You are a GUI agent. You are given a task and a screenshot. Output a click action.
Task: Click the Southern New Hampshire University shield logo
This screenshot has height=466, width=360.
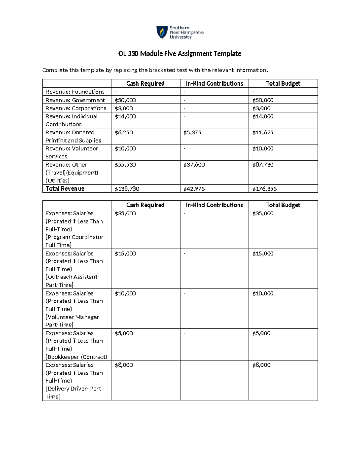162,32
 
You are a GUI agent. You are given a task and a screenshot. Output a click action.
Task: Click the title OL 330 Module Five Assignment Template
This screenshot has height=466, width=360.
180,54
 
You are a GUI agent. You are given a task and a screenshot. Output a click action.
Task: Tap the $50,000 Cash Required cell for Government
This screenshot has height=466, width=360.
125,100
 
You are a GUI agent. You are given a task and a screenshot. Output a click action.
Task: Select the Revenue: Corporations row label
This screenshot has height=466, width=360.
76,108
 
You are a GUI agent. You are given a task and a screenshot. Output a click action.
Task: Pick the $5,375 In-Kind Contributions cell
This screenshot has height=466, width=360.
192,133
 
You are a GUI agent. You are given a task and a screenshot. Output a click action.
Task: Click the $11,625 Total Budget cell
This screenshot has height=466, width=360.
263,133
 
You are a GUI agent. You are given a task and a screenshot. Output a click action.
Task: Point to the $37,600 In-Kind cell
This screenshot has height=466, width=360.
194,165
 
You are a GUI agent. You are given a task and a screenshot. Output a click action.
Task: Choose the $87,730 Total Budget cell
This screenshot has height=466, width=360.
263,165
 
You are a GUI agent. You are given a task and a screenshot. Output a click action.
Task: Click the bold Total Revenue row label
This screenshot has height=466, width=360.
65,189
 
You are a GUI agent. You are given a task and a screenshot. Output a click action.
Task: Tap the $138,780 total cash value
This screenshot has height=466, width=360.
127,189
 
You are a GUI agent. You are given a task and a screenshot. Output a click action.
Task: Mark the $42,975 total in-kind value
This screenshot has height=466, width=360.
194,189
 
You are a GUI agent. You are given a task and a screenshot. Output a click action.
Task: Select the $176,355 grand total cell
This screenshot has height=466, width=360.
264,189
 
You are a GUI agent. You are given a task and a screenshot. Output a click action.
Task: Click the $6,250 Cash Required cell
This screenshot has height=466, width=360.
124,133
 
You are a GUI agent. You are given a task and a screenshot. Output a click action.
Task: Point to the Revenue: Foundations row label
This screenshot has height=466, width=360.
75,92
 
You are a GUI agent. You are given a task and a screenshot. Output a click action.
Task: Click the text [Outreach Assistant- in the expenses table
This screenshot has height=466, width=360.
72,277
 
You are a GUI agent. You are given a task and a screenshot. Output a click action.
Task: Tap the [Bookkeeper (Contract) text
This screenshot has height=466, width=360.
76,357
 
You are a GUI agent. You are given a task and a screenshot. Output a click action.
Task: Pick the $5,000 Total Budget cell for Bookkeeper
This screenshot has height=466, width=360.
261,333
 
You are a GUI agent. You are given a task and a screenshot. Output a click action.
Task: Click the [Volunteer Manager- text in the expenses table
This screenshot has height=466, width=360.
73,317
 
